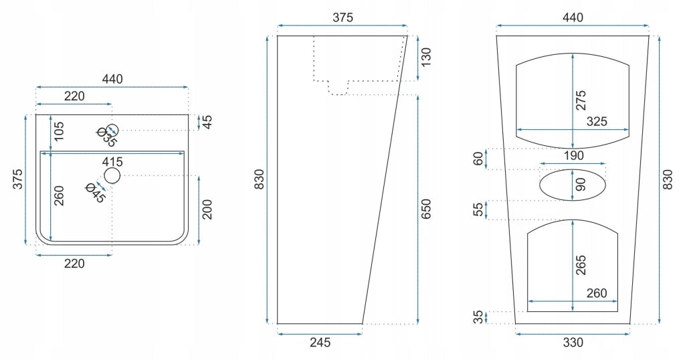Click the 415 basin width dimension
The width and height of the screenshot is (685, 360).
(x=112, y=162)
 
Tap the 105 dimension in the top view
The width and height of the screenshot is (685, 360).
(x=58, y=131)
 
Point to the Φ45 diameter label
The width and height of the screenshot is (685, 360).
(x=96, y=193)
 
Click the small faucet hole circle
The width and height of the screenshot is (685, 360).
(x=112, y=130)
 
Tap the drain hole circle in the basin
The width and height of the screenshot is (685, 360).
(x=112, y=175)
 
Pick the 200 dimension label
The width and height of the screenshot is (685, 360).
(x=207, y=209)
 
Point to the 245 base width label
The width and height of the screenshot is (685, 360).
(x=320, y=343)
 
